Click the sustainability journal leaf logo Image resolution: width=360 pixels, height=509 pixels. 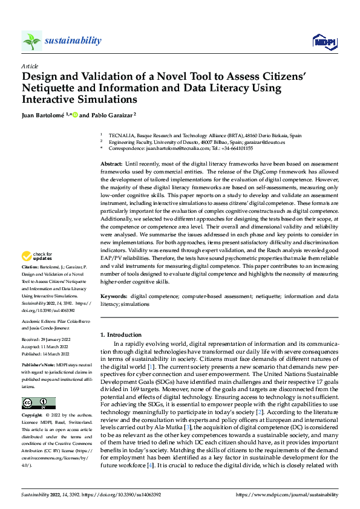coord(32,41)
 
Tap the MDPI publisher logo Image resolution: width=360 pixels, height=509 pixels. coord(323,41)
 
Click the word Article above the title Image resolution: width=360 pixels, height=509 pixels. coord(30,66)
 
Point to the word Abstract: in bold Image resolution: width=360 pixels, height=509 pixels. coord(111,164)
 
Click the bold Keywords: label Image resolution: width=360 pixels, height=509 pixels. coord(114,296)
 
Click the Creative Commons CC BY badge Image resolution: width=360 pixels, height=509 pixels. coord(38,403)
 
